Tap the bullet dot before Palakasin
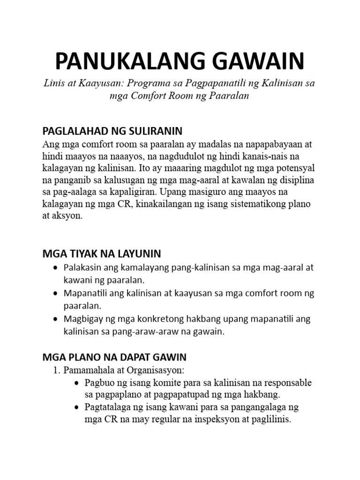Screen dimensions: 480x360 [57, 268]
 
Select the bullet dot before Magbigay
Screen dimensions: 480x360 [57, 319]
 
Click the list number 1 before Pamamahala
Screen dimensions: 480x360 [55, 371]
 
